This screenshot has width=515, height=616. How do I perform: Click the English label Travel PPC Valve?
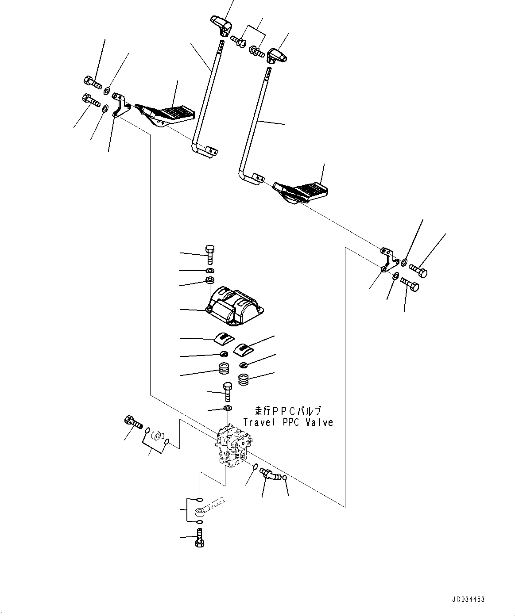pyautogui.click(x=288, y=422)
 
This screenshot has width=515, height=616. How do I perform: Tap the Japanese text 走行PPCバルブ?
pyautogui.click(x=288, y=411)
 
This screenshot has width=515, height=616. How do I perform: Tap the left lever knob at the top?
pyautogui.click(x=220, y=24)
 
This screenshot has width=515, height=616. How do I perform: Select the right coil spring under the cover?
pyautogui.click(x=243, y=379)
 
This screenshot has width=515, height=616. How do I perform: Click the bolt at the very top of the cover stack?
pyautogui.click(x=210, y=254)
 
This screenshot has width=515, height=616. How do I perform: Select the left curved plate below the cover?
pyautogui.click(x=223, y=338)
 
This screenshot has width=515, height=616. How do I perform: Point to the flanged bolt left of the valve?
pyautogui.click(x=133, y=422)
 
